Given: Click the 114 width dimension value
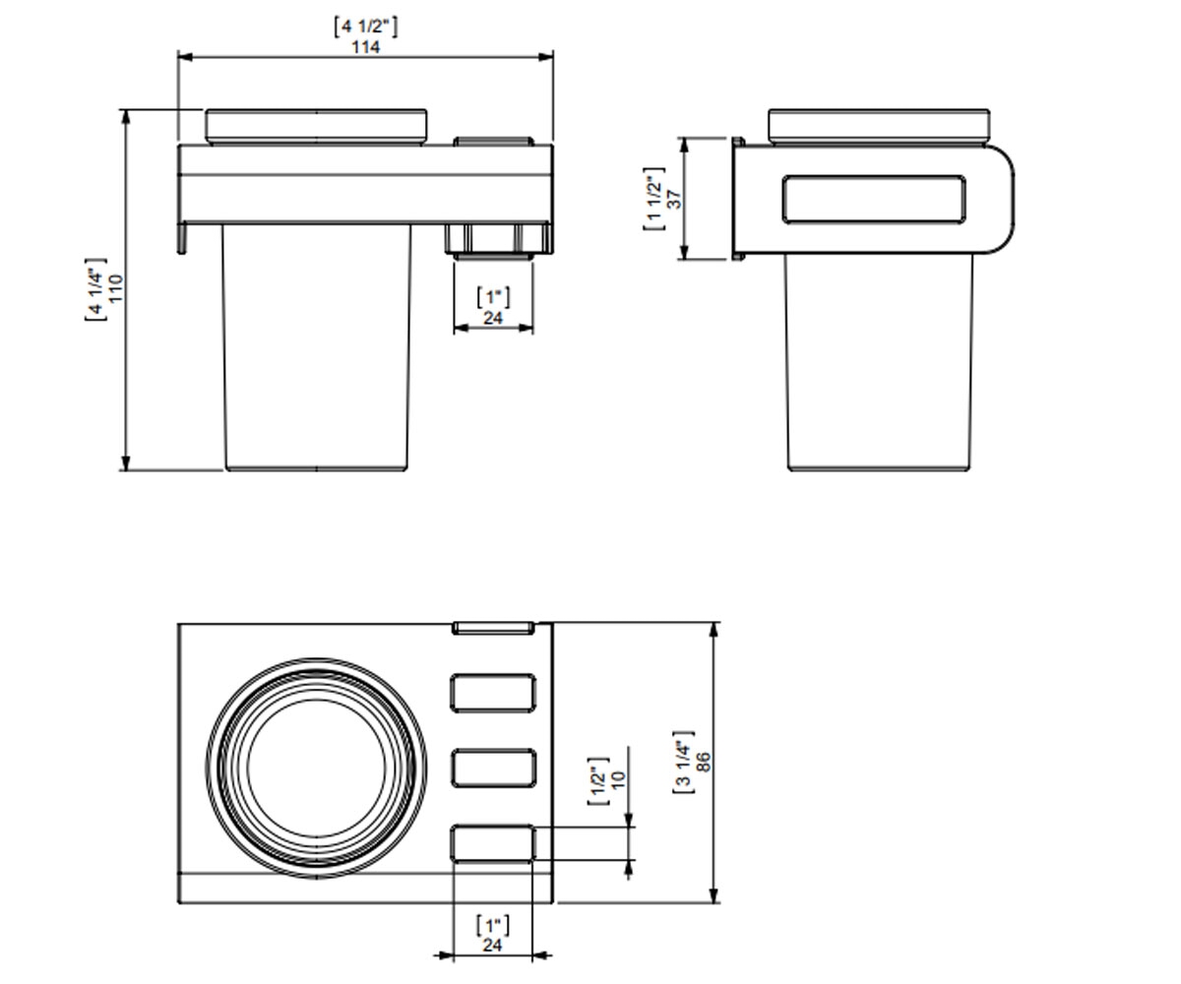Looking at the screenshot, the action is tap(365, 47).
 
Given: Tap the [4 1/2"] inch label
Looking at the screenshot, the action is tap(365, 27).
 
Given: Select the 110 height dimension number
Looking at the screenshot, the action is tap(115, 288).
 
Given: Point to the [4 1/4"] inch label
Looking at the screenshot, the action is tap(95, 289).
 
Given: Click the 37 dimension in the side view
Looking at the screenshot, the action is tap(674, 199).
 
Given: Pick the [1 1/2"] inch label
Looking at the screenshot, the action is tap(653, 199).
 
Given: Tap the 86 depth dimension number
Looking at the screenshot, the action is tap(704, 762).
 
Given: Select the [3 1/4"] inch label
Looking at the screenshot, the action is tap(684, 762).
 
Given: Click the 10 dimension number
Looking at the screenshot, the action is tap(618, 779).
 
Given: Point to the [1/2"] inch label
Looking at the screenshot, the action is tap(598, 781).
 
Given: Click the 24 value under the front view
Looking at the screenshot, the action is tap(493, 319).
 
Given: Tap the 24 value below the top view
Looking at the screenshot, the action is tap(492, 945).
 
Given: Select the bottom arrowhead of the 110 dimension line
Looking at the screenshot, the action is tap(126, 462).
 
